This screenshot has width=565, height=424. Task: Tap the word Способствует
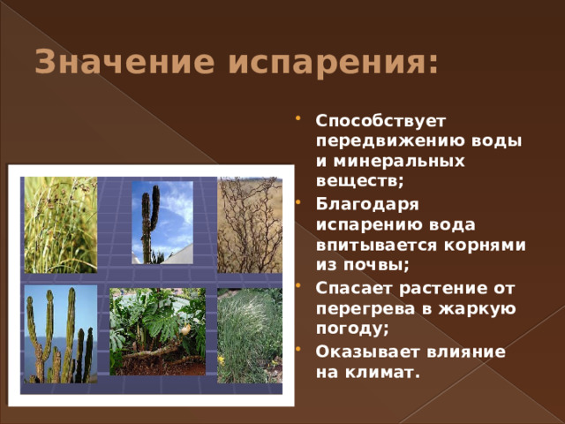(x=380, y=122)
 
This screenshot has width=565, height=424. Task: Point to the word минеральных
(x=399, y=161)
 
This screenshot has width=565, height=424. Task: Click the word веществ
(x=358, y=180)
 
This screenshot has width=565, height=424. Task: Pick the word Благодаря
(x=367, y=205)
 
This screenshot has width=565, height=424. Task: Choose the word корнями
(x=485, y=246)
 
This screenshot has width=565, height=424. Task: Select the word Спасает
(x=355, y=289)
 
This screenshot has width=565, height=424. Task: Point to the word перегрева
(x=365, y=309)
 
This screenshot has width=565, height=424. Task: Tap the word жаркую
(x=477, y=309)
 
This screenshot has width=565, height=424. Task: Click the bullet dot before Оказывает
(x=298, y=349)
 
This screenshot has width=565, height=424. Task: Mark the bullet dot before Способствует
(x=298, y=118)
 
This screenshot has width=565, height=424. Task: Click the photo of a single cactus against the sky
(x=162, y=223)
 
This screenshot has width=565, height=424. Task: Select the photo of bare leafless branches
(x=250, y=225)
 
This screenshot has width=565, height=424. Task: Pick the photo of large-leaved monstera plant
(x=157, y=332)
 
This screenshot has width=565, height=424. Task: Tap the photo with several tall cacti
(x=61, y=334)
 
